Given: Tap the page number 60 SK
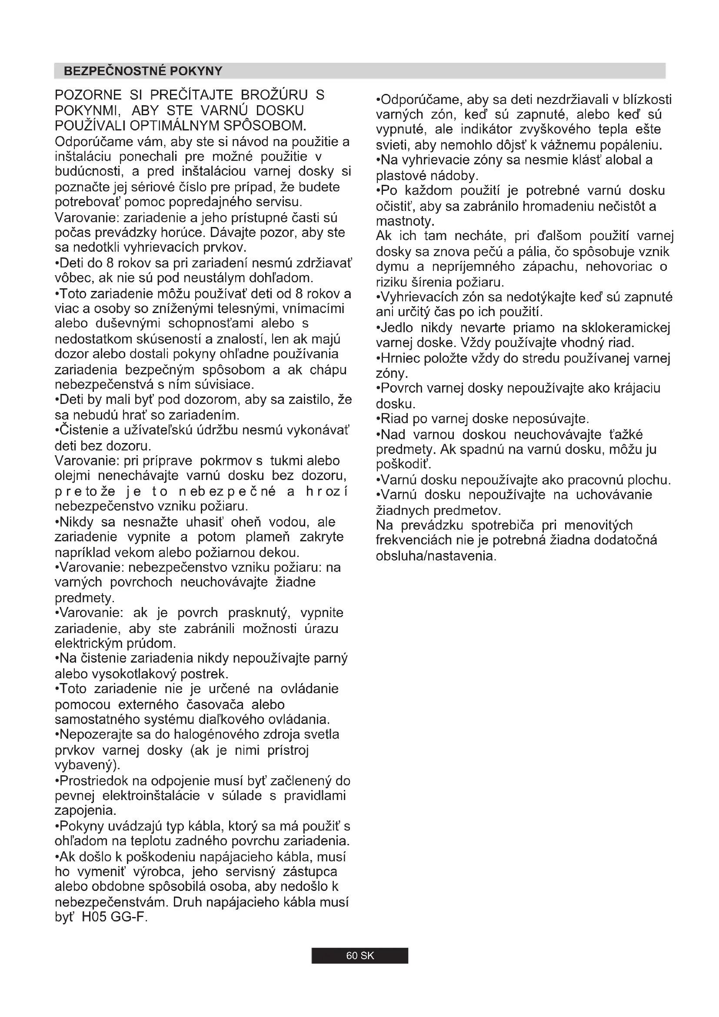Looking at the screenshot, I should tap(359, 955).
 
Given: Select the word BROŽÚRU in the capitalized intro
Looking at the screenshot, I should tap(274, 95).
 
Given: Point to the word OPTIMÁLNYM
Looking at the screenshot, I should tap(175, 126).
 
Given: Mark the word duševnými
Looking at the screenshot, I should tap(128, 323).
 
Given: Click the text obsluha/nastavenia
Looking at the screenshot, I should tap(436, 555).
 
